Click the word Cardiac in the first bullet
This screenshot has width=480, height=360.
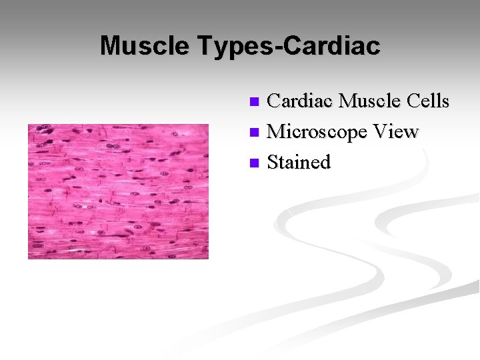point(299,101)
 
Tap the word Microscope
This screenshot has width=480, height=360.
point(317,132)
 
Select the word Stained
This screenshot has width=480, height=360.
point(299,162)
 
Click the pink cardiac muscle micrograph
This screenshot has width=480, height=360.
point(118,191)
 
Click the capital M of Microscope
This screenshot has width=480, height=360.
point(275,131)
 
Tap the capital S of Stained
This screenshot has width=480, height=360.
point(273,162)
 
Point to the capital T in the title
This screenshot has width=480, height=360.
point(203,46)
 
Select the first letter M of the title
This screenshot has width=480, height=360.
point(110,46)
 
